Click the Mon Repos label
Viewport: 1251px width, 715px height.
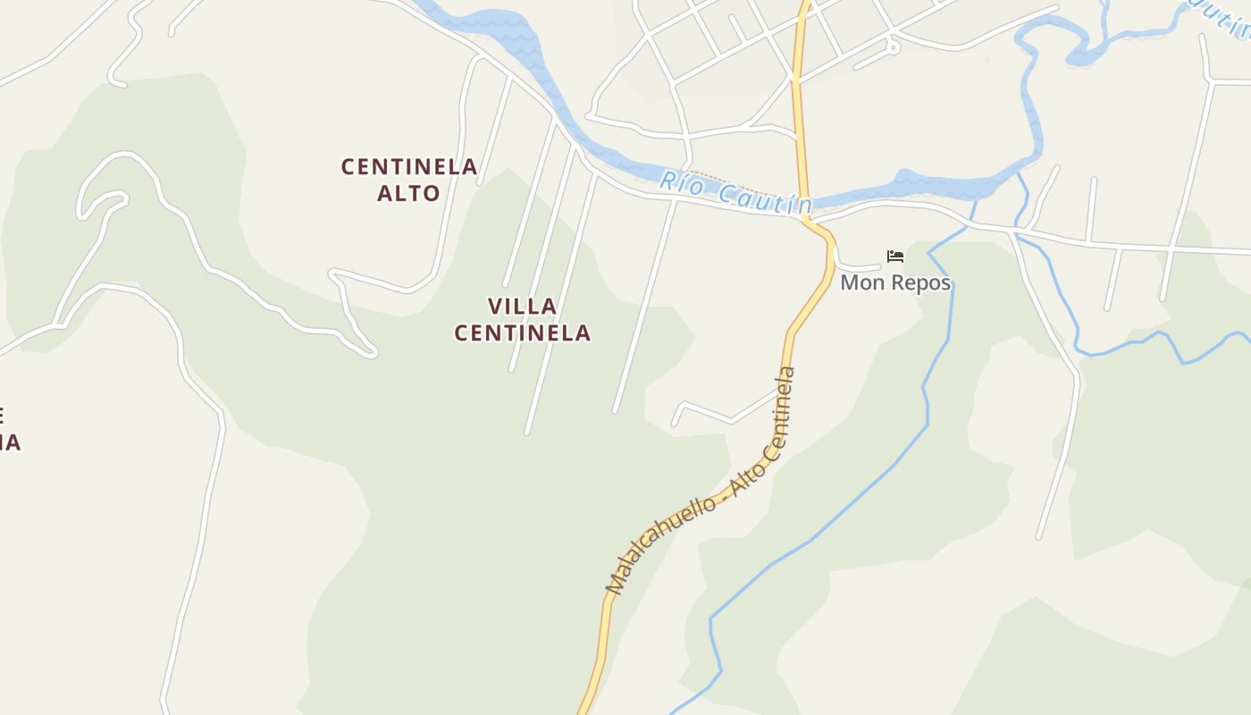[895, 283]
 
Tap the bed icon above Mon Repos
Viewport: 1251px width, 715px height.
[895, 257]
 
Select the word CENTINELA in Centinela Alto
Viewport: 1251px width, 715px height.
[409, 167]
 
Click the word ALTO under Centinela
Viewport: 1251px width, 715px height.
[409, 193]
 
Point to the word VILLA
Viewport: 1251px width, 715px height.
[523, 307]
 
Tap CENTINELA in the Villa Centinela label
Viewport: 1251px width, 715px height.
[523, 333]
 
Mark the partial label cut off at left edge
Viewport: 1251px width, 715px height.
[9, 429]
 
